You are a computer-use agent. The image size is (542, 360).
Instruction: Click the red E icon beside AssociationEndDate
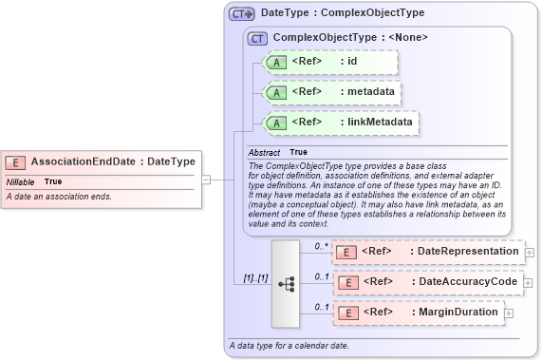coord(16,161)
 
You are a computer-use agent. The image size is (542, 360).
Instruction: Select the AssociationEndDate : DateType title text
coord(113,161)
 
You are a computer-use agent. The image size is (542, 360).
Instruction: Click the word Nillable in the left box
coord(21,181)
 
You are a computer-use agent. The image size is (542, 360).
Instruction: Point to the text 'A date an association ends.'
coord(59,197)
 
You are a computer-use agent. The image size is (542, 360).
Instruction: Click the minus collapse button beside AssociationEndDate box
coord(205,178)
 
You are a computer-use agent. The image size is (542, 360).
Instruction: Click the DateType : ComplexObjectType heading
coord(342,14)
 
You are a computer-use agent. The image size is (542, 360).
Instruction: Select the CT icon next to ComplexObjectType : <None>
coord(257,38)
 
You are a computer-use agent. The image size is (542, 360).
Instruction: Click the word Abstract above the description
coord(264,152)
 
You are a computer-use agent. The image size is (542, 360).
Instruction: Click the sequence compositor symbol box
coord(285,282)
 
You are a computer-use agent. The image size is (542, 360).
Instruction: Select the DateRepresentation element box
coord(427,252)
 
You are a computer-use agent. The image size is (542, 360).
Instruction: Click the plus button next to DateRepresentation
coord(529,253)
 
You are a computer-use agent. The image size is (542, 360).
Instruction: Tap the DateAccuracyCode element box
coord(427,282)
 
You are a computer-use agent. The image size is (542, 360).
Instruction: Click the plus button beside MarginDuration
coord(510,313)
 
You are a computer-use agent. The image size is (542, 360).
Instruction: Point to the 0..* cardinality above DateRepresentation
coord(322,245)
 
